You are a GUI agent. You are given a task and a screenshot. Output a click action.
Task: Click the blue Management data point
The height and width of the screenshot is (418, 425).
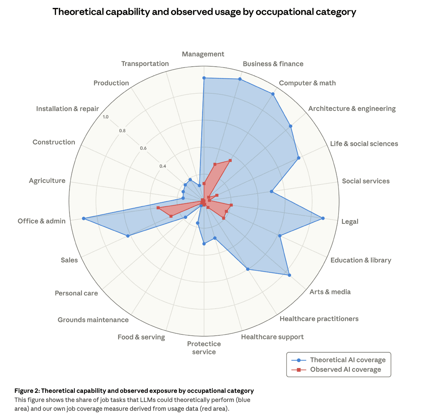[204, 78]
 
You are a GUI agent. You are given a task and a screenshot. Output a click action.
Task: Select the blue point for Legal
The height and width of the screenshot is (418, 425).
[323, 218]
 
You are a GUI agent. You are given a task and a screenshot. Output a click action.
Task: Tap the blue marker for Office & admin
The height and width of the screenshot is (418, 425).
[84, 218]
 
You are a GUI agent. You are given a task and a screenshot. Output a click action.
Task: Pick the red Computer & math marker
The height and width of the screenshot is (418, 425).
[230, 161]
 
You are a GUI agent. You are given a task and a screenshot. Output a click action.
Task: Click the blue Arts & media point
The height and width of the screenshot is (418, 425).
[290, 275]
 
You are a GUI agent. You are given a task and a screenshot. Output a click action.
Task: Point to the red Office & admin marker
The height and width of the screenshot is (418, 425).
[158, 208]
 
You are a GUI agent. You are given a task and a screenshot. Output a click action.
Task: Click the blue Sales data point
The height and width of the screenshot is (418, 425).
[128, 236]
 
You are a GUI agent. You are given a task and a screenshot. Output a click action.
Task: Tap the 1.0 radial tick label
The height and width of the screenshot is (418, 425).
[106, 117]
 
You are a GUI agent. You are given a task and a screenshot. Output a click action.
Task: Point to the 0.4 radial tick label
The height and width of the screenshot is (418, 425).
[162, 166]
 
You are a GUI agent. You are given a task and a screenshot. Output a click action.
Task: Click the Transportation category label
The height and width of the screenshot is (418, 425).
[145, 64]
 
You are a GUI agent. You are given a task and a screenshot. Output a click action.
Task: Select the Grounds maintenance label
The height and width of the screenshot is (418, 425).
[93, 320]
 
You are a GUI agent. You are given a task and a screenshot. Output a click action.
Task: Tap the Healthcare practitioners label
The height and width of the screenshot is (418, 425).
[319, 319]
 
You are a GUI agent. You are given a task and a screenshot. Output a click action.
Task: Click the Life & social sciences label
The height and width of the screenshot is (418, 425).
[364, 144]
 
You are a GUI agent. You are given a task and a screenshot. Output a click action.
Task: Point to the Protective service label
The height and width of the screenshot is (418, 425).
[204, 348]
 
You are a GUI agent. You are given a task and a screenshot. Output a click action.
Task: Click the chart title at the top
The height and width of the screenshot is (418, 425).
[204, 12]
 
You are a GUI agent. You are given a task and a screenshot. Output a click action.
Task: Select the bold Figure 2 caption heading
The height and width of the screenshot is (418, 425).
[134, 391]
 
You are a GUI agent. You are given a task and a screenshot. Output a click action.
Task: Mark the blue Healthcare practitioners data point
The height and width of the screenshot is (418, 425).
[248, 269]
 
